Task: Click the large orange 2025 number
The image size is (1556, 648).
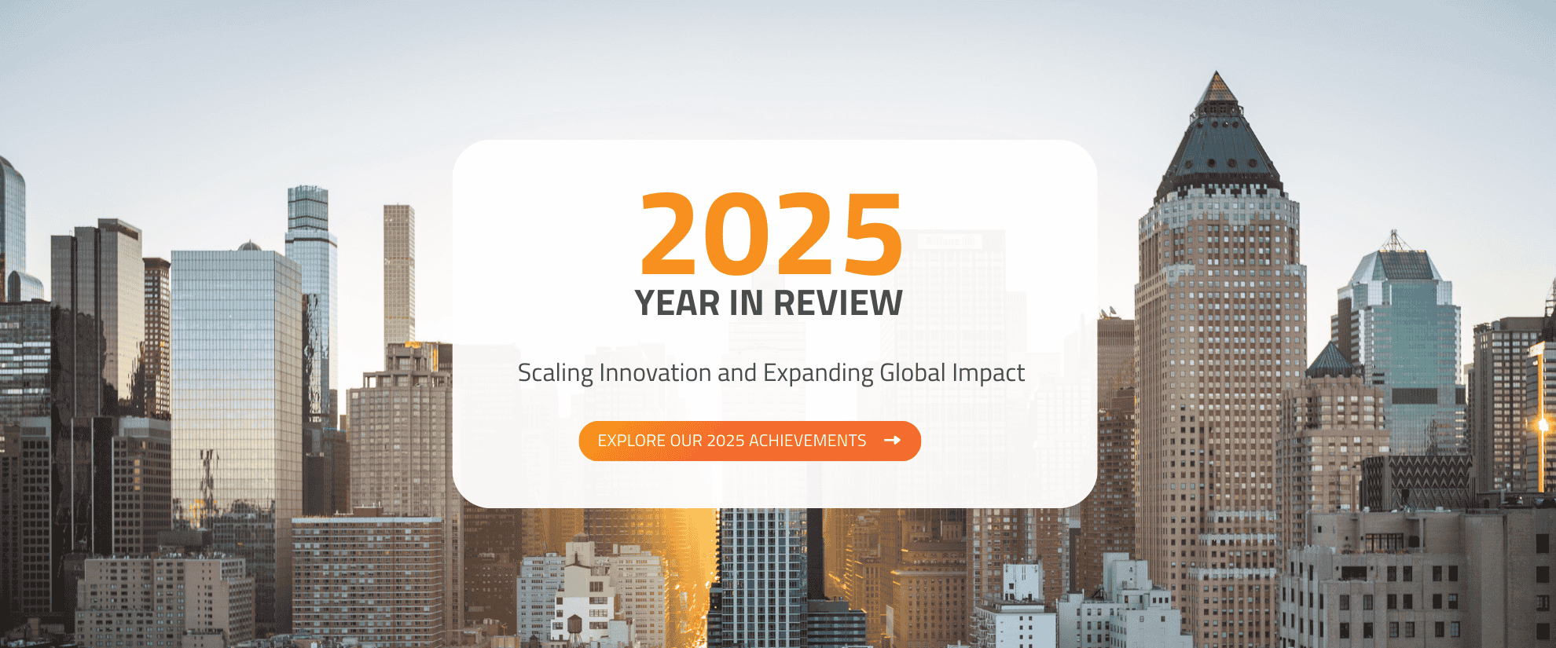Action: (x=772, y=233)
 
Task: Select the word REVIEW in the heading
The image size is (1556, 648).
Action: (x=839, y=303)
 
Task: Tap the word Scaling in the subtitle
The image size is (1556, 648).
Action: (x=555, y=373)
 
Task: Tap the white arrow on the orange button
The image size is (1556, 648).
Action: (x=892, y=441)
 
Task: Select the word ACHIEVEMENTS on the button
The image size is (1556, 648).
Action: (x=807, y=441)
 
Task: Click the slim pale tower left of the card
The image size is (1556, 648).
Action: (x=398, y=275)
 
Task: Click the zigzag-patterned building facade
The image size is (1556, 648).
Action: (x=1417, y=482)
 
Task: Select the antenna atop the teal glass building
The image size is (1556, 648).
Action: (x=1395, y=240)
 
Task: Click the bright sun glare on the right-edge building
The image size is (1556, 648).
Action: (x=1543, y=425)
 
